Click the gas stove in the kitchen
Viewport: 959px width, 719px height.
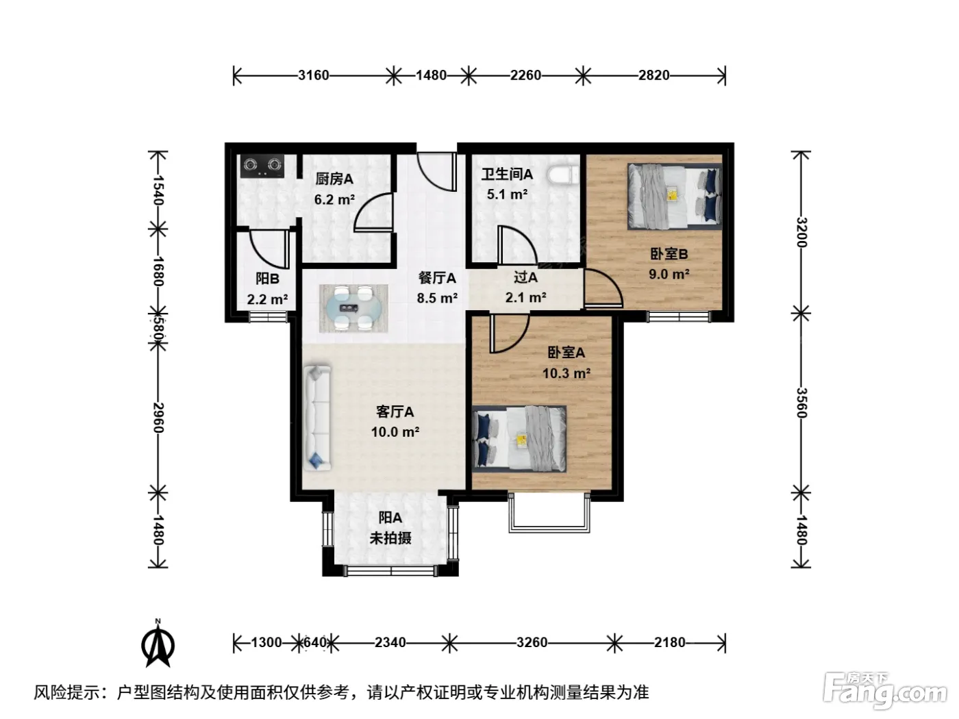pos(262,166)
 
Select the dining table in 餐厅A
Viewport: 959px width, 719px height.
pos(353,308)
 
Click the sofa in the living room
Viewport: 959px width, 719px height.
pos(316,418)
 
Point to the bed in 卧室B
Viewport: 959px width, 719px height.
pos(674,197)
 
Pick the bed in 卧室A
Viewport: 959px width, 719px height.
pos(519,439)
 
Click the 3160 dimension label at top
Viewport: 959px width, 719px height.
pos(313,75)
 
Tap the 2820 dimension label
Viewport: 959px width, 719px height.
pos(653,75)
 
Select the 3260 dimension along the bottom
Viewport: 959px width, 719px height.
pos(532,642)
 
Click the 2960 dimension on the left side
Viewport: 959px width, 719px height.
pos(158,417)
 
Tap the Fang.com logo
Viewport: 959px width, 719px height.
pos(885,691)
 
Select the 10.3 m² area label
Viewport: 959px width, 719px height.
pos(566,373)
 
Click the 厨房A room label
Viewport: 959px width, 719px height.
pos(334,179)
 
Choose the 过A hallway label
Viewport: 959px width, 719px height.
pos(525,277)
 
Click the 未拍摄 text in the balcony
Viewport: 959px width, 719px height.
pos(390,538)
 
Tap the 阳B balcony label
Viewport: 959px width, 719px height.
pos(267,279)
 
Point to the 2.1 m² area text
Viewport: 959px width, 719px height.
pos(525,297)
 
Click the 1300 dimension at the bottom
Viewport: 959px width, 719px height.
pos(266,642)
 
